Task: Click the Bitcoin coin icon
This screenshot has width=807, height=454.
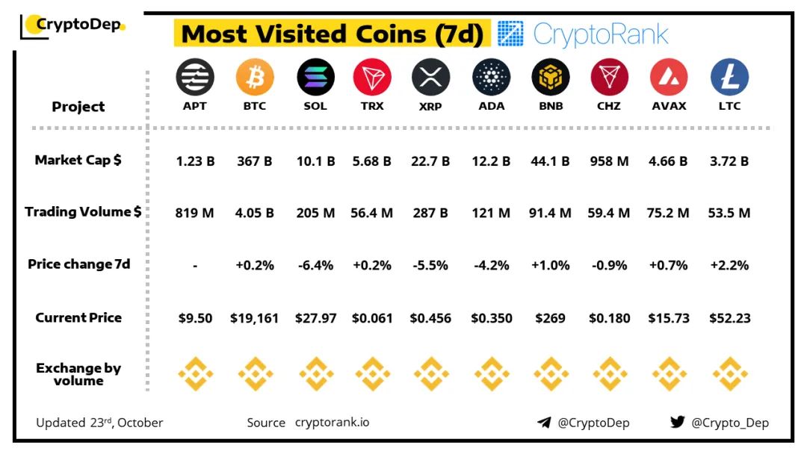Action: (255, 77)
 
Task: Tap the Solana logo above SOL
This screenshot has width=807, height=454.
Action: (315, 77)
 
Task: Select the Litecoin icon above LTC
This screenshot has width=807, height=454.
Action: (729, 77)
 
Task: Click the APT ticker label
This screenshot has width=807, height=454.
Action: (195, 106)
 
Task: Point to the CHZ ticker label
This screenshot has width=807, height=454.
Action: (610, 106)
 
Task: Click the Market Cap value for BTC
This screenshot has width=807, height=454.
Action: (255, 161)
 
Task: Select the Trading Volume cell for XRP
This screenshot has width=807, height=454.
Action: (431, 213)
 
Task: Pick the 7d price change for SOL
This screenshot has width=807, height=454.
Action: (315, 265)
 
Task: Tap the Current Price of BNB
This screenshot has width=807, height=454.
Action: (551, 318)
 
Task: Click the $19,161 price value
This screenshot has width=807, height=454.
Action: (255, 318)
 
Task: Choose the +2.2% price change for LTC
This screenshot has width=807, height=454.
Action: (729, 265)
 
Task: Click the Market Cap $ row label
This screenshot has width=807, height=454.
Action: (78, 160)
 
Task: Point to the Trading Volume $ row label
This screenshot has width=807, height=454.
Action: (83, 212)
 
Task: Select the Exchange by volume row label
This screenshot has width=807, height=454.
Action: (78, 374)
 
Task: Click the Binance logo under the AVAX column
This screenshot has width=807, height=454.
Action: (669, 373)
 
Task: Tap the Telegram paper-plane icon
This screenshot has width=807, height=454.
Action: (544, 423)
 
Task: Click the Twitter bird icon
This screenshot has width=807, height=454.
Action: (678, 422)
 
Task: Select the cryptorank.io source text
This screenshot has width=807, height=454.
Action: (332, 423)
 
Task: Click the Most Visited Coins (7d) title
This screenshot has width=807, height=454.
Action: (333, 34)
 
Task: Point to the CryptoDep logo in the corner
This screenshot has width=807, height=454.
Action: (73, 25)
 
